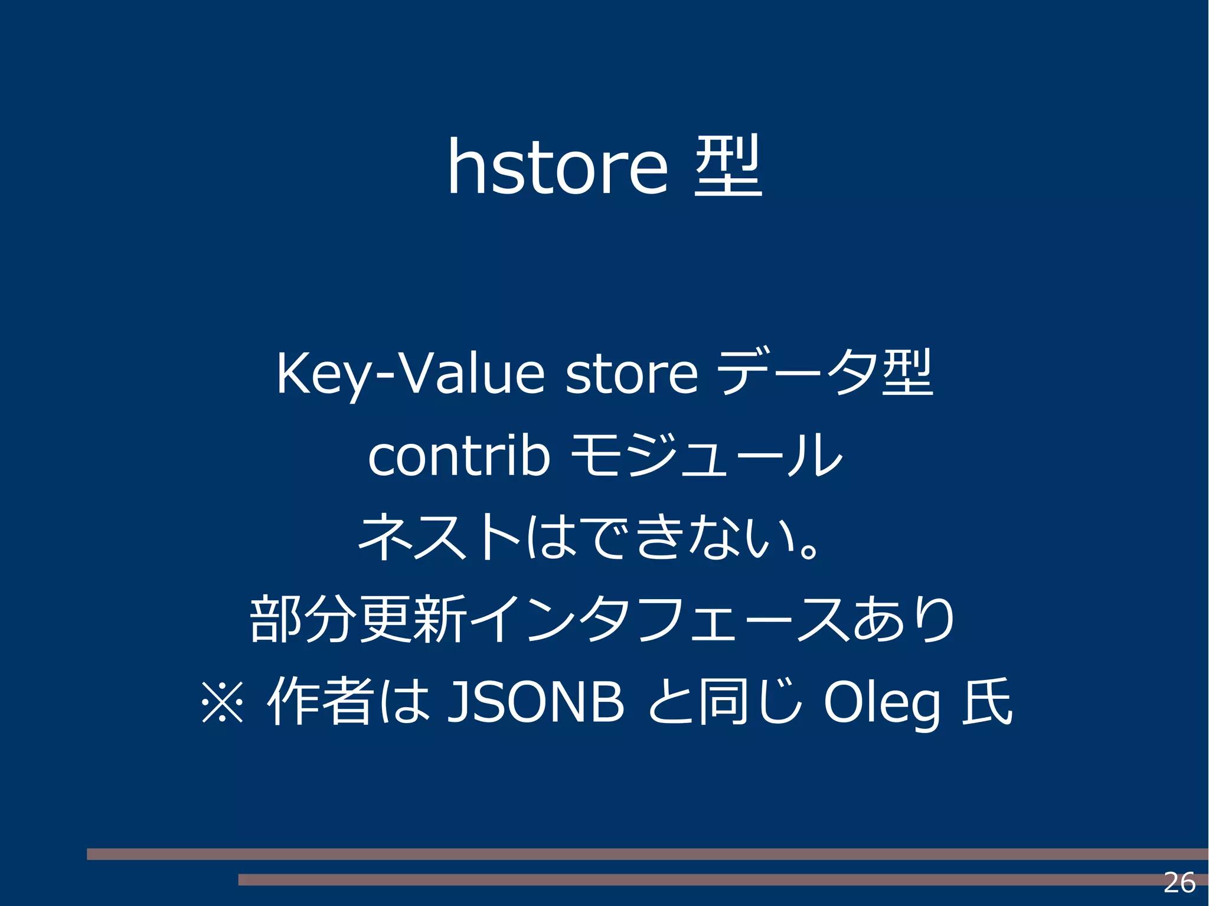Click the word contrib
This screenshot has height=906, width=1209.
click(x=459, y=456)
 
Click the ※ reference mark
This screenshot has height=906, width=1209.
click(x=222, y=702)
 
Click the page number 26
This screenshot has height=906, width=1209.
click(x=1179, y=883)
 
